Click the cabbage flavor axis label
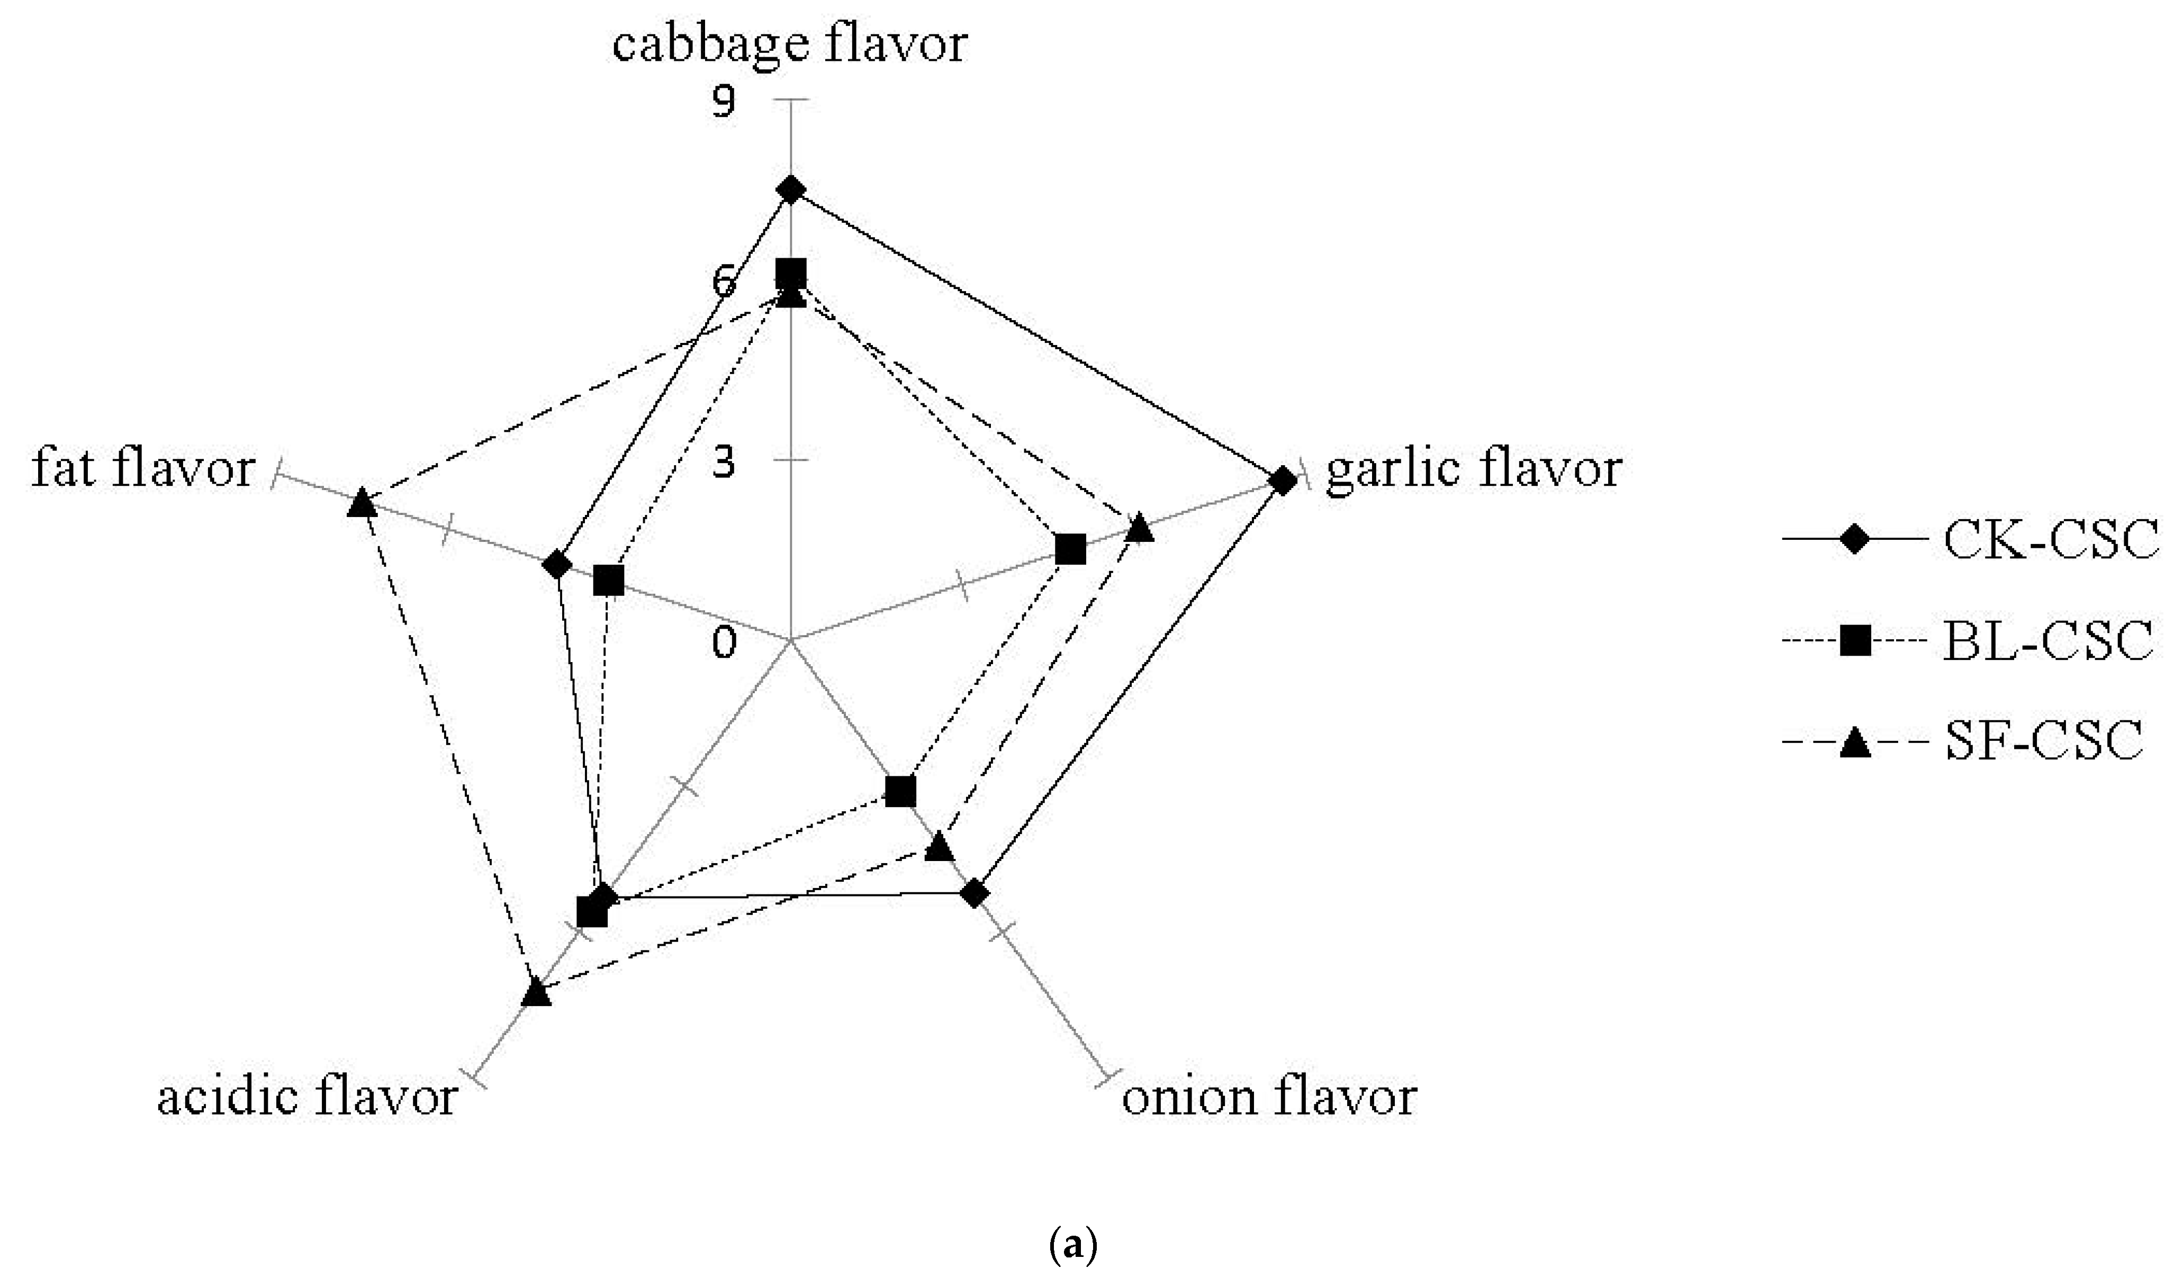pyautogui.click(x=789, y=43)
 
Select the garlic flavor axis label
pyautogui.click(x=1473, y=470)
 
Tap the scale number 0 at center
pyautogui.click(x=724, y=642)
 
